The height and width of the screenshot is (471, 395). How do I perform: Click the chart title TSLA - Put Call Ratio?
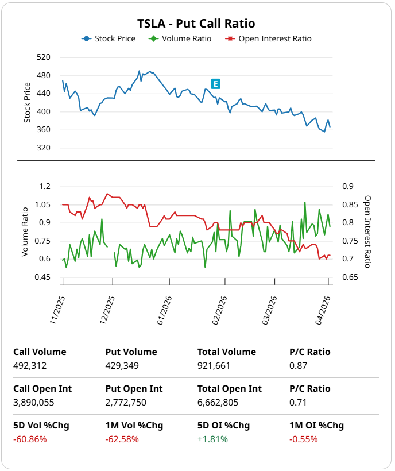tap(196, 24)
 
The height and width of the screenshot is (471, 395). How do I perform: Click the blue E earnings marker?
tap(215, 84)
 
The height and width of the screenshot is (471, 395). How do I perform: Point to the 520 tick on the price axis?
tap(43, 57)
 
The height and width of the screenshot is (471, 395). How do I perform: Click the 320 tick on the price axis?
tap(43, 148)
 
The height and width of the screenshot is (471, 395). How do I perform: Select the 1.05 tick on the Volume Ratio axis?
tap(42, 204)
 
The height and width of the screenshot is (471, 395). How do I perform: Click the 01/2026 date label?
tap(164, 311)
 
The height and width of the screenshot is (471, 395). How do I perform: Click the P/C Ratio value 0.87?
tap(298, 365)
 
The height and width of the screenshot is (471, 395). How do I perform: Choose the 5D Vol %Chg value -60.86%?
tap(30, 439)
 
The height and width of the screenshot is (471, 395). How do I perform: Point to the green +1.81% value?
tap(212, 439)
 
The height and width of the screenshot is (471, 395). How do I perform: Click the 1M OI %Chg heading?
tap(316, 426)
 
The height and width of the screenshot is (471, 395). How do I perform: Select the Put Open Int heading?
tap(134, 389)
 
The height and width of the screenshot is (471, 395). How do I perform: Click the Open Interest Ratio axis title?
tap(367, 231)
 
